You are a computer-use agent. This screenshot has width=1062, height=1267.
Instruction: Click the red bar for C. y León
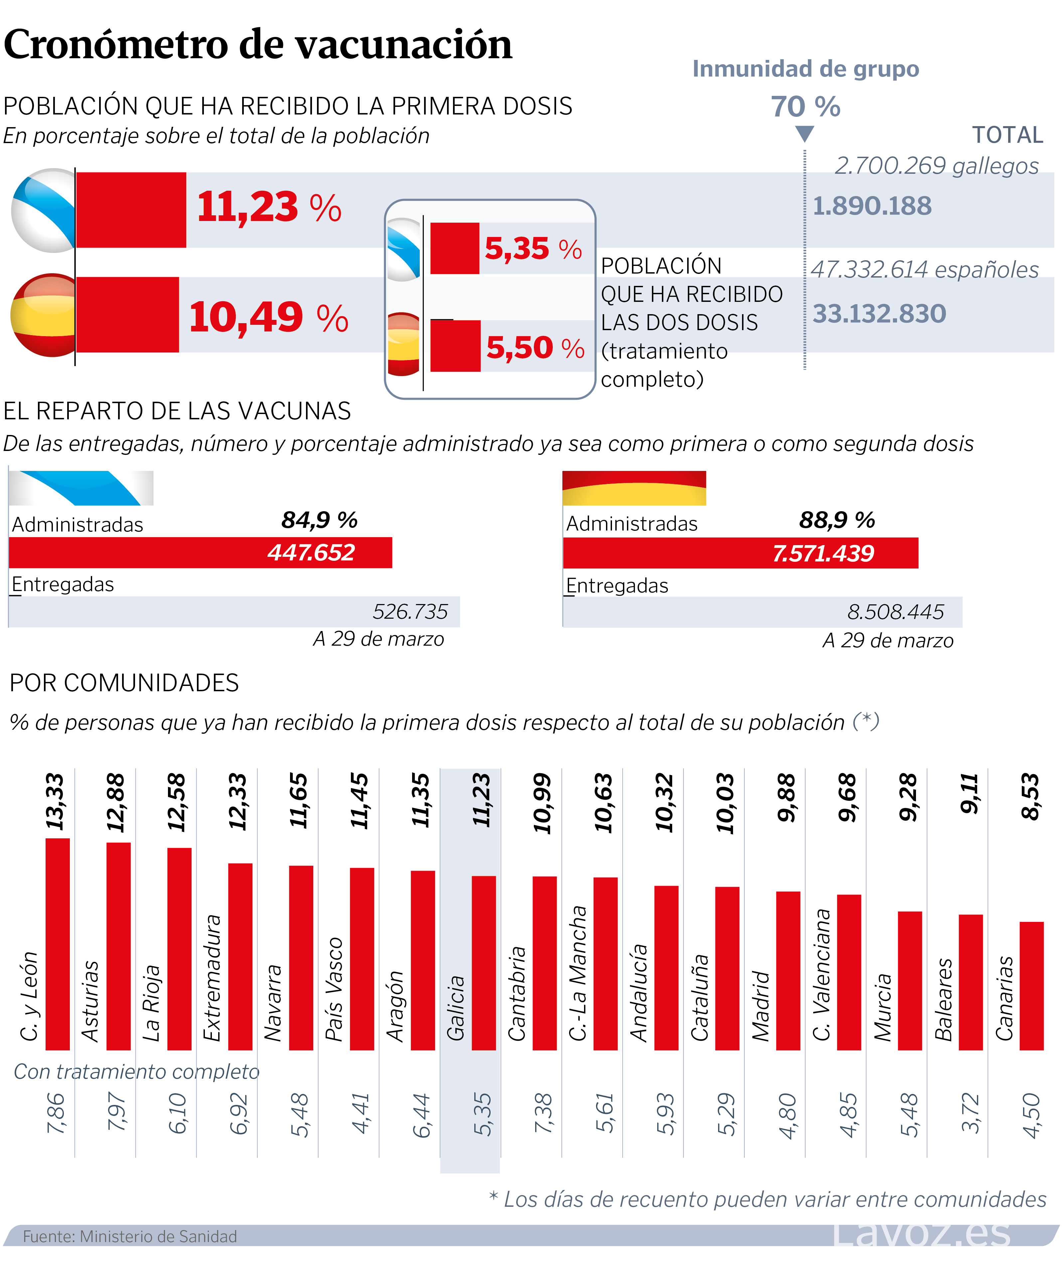click(58, 944)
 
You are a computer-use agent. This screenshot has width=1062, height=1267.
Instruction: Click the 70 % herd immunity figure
click(805, 107)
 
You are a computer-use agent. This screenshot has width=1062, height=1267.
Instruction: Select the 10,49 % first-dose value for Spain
click(268, 317)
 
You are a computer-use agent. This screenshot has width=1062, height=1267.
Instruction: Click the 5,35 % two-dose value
click(533, 249)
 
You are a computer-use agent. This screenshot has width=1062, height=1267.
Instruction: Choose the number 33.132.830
click(879, 314)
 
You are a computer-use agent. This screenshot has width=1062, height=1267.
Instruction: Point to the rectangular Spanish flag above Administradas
click(634, 488)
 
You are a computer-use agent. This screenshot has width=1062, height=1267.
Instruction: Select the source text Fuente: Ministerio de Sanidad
click(130, 1236)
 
